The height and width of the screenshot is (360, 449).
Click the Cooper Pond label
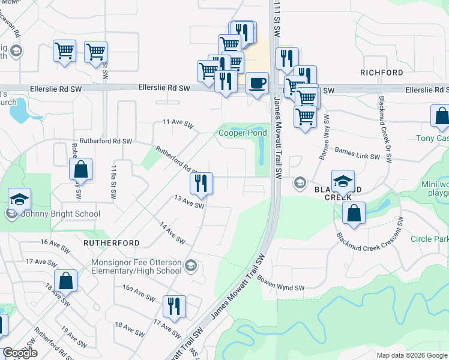243,133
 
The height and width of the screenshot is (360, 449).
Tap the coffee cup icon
258,83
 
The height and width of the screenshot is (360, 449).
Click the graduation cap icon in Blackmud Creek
343,181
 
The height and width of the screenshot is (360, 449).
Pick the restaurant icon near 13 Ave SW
201,183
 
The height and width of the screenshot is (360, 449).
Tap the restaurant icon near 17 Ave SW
175,306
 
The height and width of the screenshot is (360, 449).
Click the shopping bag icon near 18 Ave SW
66,280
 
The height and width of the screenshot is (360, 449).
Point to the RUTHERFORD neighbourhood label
112,243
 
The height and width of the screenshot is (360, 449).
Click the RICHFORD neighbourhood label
382,73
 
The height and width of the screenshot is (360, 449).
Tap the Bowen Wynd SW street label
282,283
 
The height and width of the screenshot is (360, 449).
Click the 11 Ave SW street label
178,124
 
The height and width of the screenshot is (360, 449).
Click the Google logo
20,353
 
